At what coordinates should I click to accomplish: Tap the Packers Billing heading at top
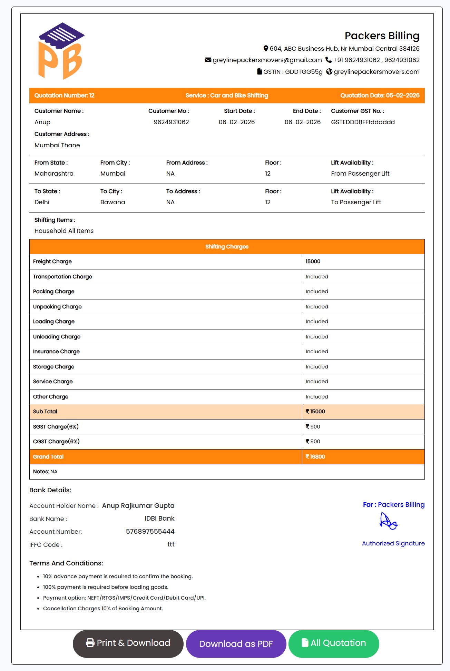[x=382, y=36]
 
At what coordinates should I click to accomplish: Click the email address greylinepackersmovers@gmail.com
[x=267, y=60]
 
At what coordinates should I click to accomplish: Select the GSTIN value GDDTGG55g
[x=304, y=72]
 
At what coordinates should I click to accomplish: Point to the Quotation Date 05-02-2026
[x=402, y=96]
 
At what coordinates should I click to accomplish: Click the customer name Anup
[x=42, y=122]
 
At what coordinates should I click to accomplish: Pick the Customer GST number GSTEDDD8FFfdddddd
[x=363, y=122]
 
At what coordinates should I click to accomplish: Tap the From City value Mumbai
[x=113, y=174]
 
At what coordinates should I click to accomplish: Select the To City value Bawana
[x=113, y=202]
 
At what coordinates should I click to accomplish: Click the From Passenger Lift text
[x=360, y=174]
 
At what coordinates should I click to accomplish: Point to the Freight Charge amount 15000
[x=313, y=262]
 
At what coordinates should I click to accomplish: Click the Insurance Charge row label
[x=56, y=352]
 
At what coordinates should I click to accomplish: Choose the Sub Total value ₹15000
[x=315, y=412]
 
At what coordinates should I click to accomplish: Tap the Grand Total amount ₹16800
[x=315, y=457]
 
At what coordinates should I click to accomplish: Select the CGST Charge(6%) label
[x=56, y=442]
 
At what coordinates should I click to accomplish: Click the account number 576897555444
[x=150, y=532]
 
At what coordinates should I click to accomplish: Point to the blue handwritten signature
[x=388, y=521]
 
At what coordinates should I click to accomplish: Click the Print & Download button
[x=128, y=643]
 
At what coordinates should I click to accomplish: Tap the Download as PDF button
[x=236, y=644]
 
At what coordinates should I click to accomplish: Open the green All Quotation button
[x=334, y=643]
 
